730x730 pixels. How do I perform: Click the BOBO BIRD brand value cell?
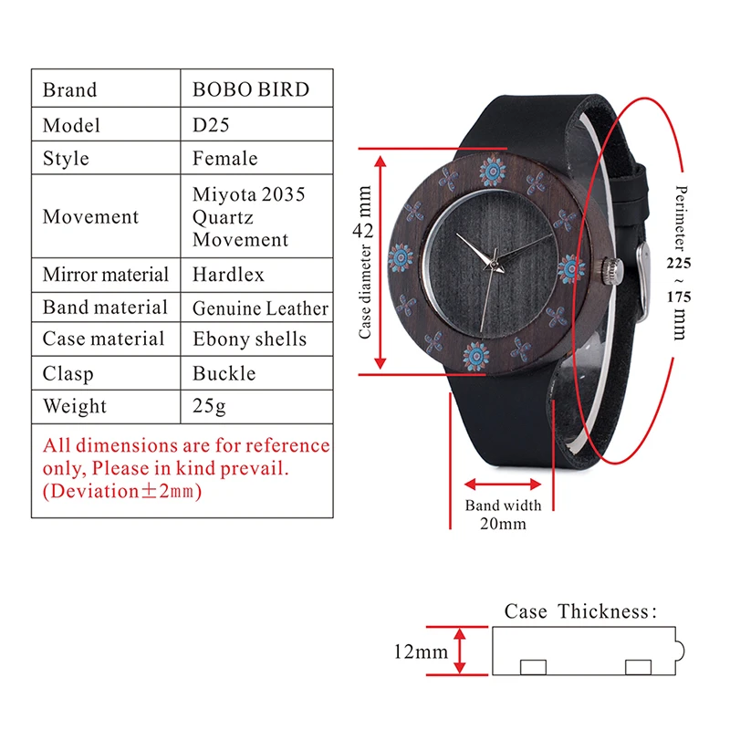coord(250,89)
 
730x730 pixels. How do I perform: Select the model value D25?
coord(211,125)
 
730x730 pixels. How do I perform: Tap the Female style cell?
coord(224,159)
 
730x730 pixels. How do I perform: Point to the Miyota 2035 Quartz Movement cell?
coord(248,217)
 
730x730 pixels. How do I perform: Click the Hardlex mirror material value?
coord(228,275)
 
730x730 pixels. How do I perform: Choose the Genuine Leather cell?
coord(259,308)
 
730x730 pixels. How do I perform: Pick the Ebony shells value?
coord(249,339)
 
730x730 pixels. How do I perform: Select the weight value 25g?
coord(209,406)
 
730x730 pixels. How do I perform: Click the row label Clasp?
coord(68,373)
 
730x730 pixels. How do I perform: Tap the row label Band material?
coord(105,308)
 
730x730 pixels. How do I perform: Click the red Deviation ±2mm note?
coord(122,491)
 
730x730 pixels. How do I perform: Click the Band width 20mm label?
coord(503,515)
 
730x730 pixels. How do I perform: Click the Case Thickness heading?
coord(580,611)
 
